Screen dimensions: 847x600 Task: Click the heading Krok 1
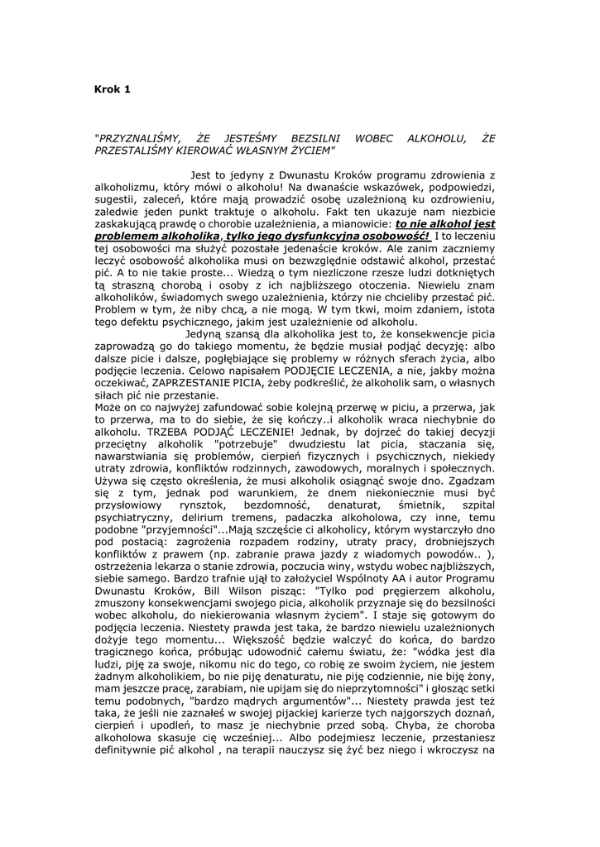point(113,89)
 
